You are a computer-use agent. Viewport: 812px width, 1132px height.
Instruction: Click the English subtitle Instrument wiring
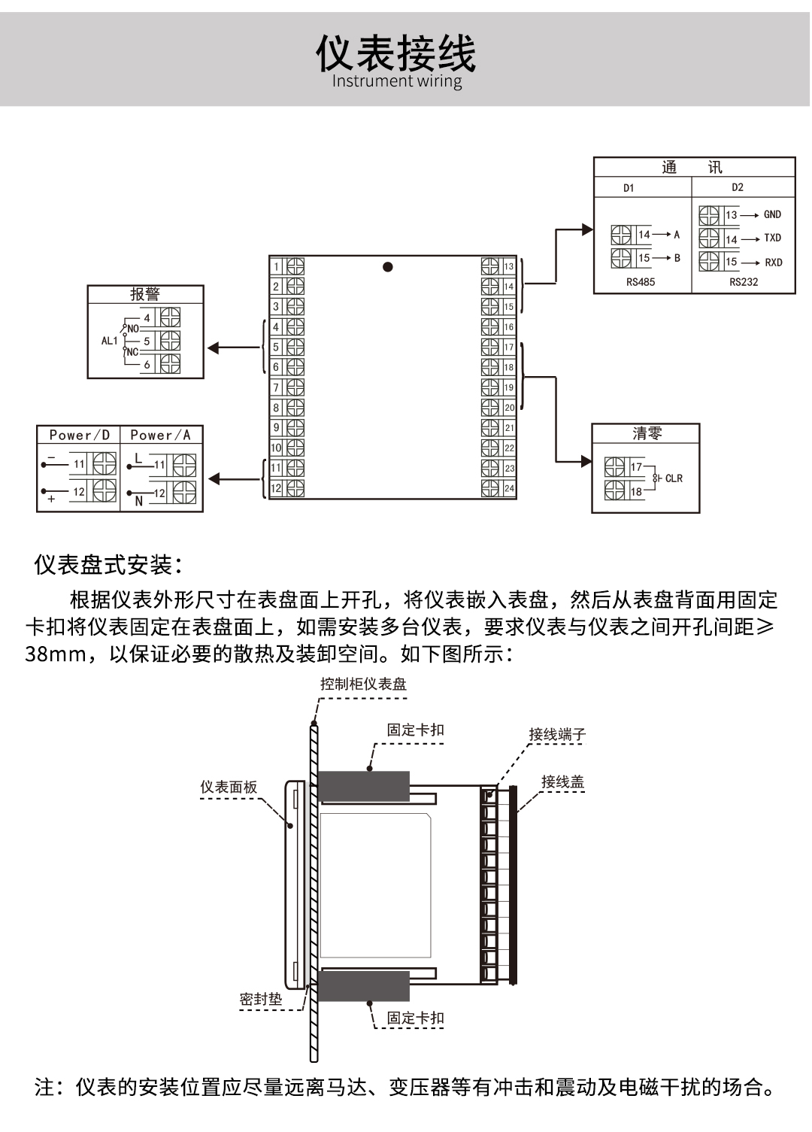pos(397,81)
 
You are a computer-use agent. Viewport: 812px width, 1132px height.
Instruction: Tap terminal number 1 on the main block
pos(277,266)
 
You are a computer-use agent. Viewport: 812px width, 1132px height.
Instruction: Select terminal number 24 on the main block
pos(509,488)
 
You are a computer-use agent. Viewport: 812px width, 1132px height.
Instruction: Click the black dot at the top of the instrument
pos(388,267)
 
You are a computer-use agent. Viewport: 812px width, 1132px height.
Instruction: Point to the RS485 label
pos(641,282)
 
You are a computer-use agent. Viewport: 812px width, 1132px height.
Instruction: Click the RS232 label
pos(744,282)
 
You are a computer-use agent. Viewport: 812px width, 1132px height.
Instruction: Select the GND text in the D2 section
pos(772,214)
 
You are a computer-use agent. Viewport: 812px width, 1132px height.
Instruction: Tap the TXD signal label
pos(772,238)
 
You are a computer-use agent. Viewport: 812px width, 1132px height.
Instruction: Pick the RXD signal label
pos(773,263)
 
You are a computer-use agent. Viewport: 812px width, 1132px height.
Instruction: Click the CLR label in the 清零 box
pos(674,478)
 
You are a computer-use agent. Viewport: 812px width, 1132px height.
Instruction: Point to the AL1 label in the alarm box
pos(110,341)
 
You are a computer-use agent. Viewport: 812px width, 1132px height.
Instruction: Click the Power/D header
pos(79,435)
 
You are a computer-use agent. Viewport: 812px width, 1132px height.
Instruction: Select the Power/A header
pos(160,435)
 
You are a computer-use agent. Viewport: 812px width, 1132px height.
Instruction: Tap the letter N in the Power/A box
pos(138,501)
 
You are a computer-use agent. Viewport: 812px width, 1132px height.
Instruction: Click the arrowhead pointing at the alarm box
pos(213,347)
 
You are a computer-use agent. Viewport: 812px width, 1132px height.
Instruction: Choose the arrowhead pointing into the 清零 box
pos(586,461)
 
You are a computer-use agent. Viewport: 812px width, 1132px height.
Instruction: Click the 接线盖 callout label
pos(562,782)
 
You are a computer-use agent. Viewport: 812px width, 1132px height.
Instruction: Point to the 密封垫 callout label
pos(261,999)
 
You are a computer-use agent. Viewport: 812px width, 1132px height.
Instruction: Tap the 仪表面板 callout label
pos(229,787)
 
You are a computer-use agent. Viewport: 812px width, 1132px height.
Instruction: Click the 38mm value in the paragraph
pos(55,654)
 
